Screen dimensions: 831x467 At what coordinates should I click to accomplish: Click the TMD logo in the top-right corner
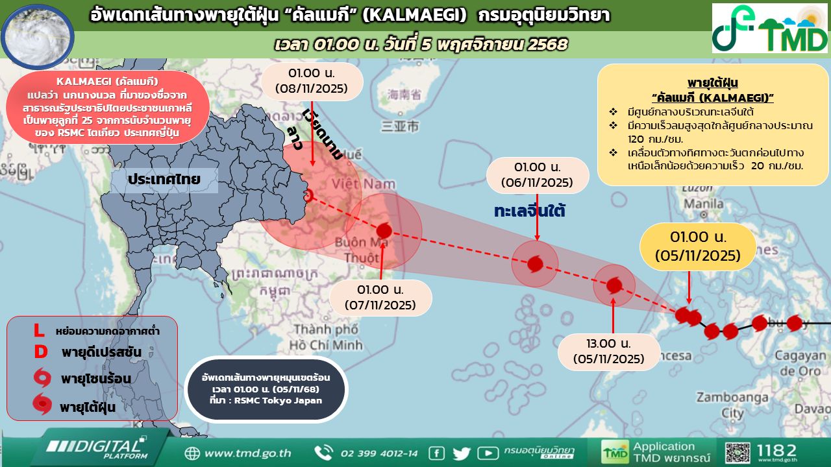click(770, 29)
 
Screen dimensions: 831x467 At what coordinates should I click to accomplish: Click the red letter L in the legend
click(39, 331)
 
